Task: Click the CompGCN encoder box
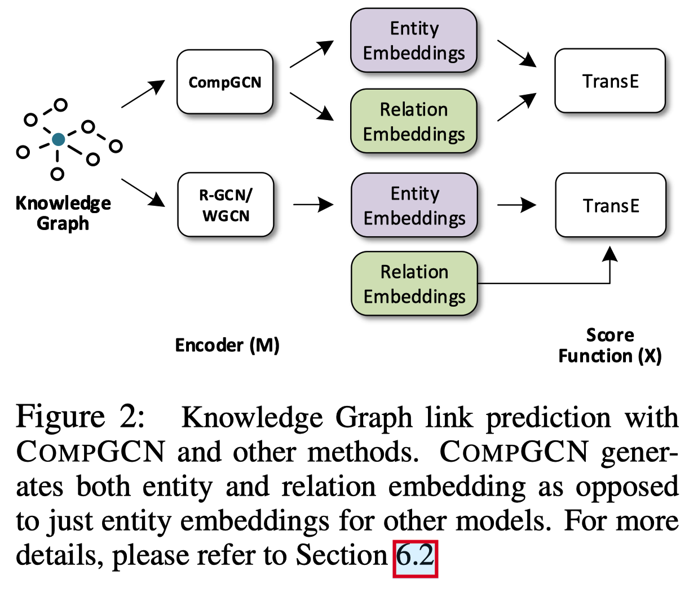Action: click(225, 82)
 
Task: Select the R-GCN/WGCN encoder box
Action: click(226, 205)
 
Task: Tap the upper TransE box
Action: click(610, 81)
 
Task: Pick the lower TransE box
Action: click(611, 205)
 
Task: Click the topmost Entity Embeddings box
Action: click(414, 41)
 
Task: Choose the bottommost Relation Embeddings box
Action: click(414, 284)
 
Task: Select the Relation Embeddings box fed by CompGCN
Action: click(414, 122)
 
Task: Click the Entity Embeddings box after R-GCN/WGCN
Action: click(414, 205)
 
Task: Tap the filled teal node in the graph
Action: click(58, 139)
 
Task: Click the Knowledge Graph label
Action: click(63, 213)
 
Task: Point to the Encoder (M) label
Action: click(227, 345)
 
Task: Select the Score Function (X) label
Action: click(610, 345)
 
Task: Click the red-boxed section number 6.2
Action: click(416, 556)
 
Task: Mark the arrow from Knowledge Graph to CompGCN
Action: click(143, 94)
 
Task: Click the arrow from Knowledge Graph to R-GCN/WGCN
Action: click(143, 193)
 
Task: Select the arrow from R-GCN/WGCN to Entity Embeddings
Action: click(313, 205)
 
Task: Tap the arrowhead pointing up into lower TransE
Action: click(609, 254)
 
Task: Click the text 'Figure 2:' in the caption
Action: click(80, 417)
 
